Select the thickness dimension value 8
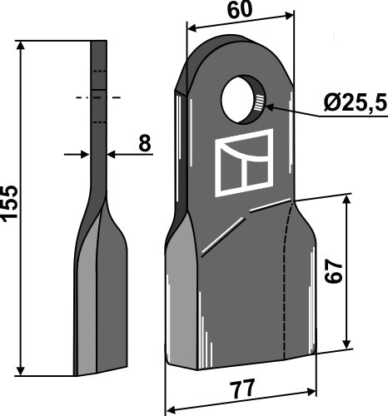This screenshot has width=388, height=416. [144, 143]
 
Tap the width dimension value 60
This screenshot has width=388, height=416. [239, 11]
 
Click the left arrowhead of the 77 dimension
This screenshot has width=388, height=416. [172, 409]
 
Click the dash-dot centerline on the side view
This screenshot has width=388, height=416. [98, 98]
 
